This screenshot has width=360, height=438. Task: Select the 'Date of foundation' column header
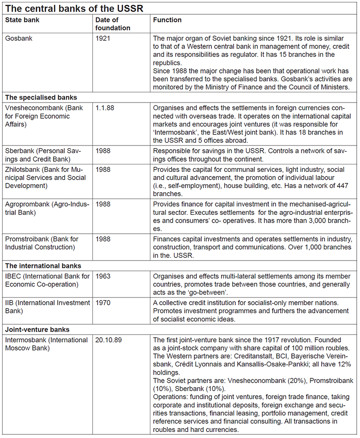[x=113, y=24]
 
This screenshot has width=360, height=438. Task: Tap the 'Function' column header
[x=167, y=20]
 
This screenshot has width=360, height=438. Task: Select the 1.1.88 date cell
[x=106, y=107]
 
